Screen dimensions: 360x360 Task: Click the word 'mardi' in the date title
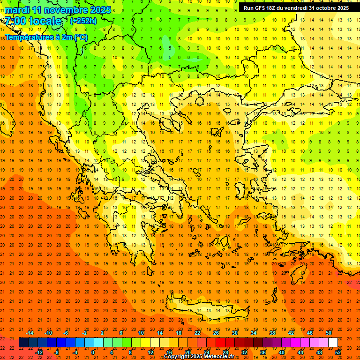point(16,10)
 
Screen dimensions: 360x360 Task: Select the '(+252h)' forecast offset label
point(83,21)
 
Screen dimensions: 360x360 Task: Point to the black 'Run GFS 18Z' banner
point(296,8)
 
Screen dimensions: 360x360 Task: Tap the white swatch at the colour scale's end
point(333,343)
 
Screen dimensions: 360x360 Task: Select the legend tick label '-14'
point(30,333)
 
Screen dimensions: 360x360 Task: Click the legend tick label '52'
point(338,352)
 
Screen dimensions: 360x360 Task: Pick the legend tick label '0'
point(92,352)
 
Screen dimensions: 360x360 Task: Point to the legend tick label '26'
point(216,333)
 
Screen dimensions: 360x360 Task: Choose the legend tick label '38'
point(272,333)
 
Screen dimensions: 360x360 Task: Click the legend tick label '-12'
point(39,352)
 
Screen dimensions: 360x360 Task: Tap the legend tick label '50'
point(329,333)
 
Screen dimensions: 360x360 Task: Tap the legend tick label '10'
point(141,333)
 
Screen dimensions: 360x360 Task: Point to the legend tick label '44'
point(300,352)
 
